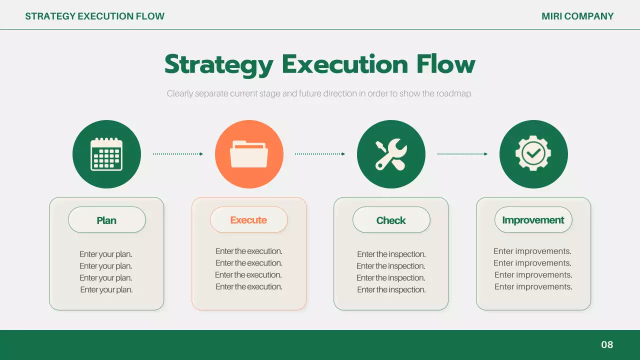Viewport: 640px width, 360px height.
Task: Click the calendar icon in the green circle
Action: pos(106,154)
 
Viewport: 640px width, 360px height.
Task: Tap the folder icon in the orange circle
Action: pos(249,154)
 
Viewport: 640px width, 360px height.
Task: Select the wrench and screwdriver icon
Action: pos(391,154)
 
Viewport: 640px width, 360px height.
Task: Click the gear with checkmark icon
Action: pos(533,153)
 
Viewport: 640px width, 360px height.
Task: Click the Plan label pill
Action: pos(107,220)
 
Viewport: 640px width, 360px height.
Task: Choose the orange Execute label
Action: pos(249,220)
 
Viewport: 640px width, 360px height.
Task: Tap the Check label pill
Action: pos(391,220)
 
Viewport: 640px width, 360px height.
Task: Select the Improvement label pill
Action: pos(533,220)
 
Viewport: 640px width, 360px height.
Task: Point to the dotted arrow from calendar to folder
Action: pos(177,154)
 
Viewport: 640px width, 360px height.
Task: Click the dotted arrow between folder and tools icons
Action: pos(320,154)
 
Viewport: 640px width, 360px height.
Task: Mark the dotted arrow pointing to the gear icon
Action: pos(462,154)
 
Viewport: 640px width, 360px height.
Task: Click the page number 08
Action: pos(607,344)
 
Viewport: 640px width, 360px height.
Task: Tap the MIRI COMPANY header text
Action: pos(577,16)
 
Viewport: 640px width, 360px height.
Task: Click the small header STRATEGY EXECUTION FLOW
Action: pos(95,16)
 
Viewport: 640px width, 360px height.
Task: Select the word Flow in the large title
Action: pos(445,64)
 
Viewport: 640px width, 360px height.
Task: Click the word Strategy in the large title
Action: pos(219,65)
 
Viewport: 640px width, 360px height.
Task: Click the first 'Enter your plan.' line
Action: pos(105,254)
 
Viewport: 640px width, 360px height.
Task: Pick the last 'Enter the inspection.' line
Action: pos(391,289)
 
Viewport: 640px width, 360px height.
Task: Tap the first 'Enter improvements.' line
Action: pos(532,251)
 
